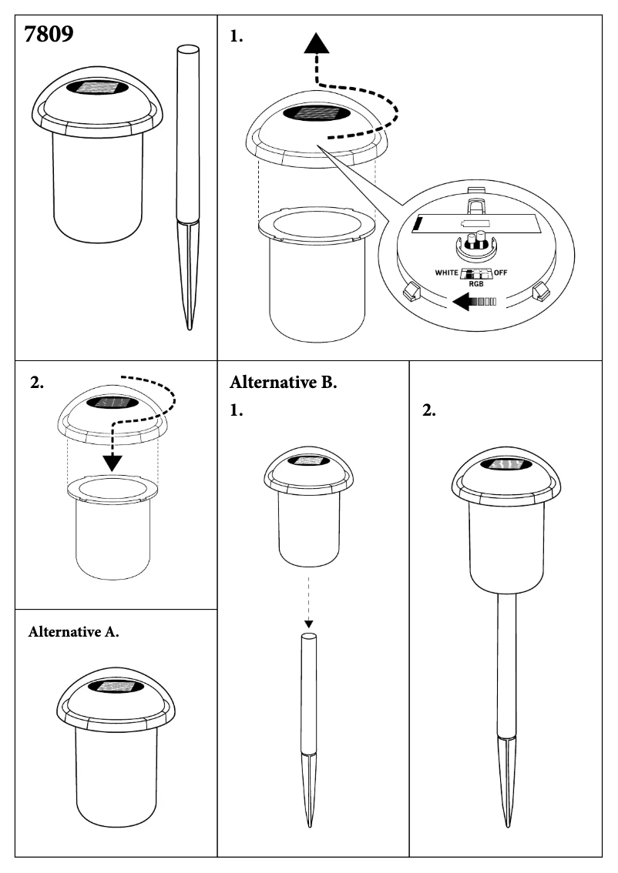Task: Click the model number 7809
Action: click(x=49, y=35)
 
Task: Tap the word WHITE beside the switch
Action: click(x=446, y=273)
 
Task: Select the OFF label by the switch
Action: click(x=506, y=273)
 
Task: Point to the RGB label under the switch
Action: click(x=475, y=282)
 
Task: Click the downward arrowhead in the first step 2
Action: click(x=113, y=461)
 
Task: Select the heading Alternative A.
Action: click(x=73, y=633)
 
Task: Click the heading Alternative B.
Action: click(x=283, y=383)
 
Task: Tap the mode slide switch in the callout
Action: click(x=475, y=272)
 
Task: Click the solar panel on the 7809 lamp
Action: click(x=99, y=89)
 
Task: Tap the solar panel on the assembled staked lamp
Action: click(x=505, y=464)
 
